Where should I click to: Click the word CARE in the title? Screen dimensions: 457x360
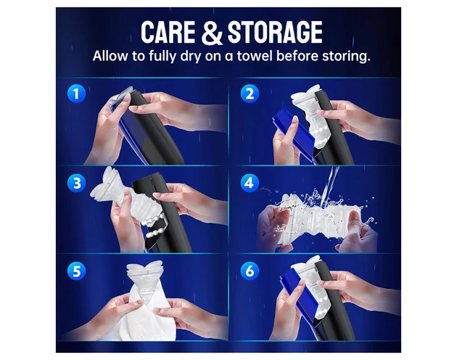coord(168,32)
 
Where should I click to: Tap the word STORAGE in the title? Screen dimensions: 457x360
coord(275,32)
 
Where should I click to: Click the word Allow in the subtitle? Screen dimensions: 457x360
coord(110,55)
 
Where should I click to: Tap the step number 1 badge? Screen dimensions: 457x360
coord(76,94)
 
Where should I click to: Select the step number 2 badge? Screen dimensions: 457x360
coord(250,94)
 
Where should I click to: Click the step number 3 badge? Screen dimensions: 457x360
coord(76,183)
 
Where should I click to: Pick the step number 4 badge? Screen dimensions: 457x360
coord(250,183)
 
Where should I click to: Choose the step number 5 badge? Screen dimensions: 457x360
coord(76,271)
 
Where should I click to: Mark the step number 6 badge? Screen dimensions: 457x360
coord(250,271)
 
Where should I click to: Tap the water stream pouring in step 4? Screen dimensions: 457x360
coord(329,184)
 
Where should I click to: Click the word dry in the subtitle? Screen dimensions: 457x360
coord(190,57)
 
